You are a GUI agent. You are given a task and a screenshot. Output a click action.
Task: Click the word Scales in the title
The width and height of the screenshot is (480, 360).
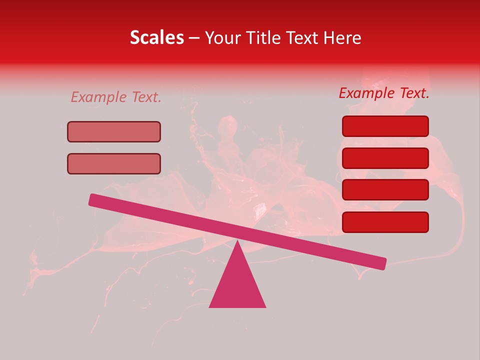point(156,37)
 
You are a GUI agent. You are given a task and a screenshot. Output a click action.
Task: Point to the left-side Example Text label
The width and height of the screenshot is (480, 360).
point(116,97)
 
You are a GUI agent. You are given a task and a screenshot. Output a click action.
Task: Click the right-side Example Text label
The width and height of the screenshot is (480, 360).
point(384,93)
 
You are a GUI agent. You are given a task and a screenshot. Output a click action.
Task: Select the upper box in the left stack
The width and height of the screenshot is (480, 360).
point(114,131)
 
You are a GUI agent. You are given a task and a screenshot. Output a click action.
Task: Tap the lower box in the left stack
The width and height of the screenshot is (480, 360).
point(114,163)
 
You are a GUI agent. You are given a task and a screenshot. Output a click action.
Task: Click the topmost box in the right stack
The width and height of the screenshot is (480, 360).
point(385,126)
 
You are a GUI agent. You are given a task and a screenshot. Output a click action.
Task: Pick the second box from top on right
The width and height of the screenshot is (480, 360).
point(385,158)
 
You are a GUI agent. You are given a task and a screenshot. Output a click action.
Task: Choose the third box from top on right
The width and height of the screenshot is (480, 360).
point(385,189)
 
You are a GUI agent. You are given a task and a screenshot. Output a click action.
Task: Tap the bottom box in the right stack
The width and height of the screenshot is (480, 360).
point(385,222)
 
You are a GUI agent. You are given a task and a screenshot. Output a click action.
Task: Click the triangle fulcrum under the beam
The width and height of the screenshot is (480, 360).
point(237,285)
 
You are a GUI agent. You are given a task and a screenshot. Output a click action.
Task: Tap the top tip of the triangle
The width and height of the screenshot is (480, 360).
point(237,241)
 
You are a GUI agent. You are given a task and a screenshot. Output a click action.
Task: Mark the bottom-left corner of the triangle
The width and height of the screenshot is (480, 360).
point(210,306)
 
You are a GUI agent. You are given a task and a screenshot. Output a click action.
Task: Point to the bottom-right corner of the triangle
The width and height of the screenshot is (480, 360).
point(265,306)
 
